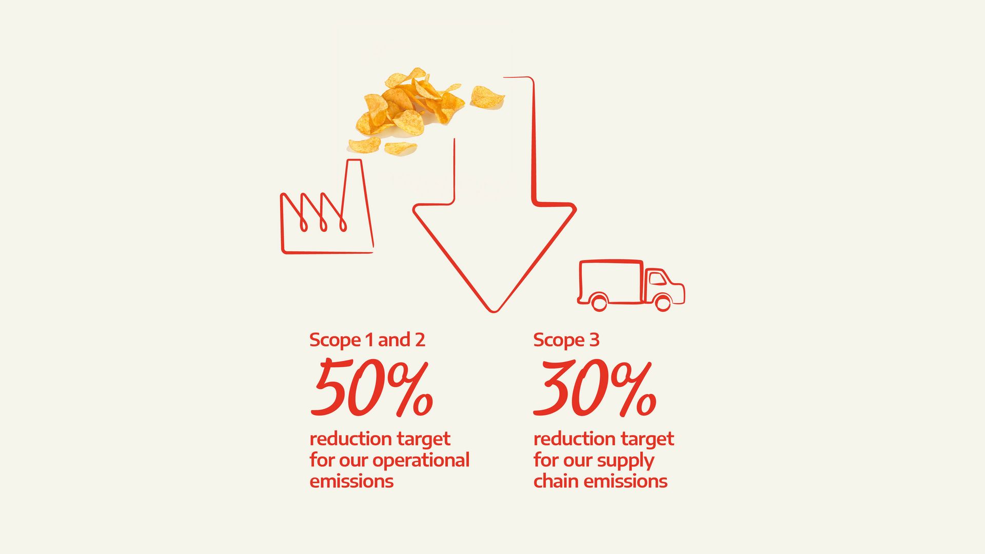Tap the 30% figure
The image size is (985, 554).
(x=595, y=388)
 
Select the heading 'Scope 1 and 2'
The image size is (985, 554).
(x=367, y=340)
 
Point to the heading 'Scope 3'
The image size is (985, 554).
(x=566, y=340)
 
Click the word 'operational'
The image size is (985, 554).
(x=421, y=460)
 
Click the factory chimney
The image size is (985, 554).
(x=359, y=203)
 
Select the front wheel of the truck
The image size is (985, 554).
(x=663, y=302)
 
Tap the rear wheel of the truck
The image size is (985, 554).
(x=599, y=302)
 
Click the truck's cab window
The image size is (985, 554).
(x=657, y=279)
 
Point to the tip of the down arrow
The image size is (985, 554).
(x=493, y=311)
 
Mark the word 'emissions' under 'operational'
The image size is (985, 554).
(x=351, y=481)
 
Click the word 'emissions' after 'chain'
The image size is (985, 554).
(x=625, y=481)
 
